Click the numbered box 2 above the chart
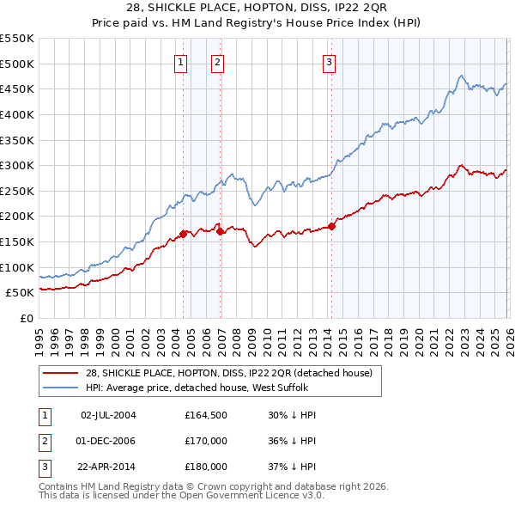pos(218,62)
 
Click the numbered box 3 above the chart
pos(330,62)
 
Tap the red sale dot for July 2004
pos(183,233)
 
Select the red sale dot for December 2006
pos(220,231)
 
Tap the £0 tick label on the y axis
pos(27,318)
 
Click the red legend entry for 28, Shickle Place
pos(228,373)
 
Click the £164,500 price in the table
pos(206,415)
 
